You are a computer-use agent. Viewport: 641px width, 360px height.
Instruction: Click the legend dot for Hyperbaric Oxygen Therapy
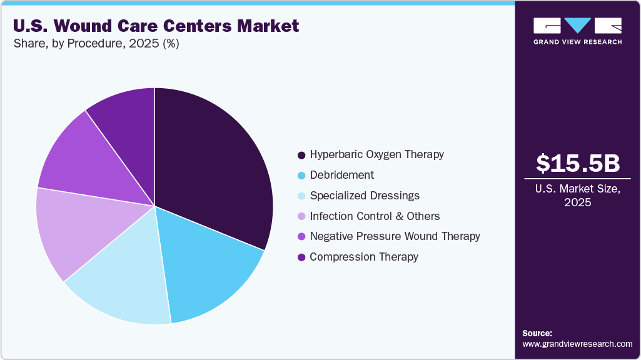point(301,155)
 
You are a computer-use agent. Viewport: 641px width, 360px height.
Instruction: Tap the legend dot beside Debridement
point(301,176)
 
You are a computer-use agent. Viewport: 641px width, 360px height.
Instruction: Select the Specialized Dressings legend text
point(365,196)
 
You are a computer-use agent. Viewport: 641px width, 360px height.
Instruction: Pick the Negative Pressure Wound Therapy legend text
point(395,236)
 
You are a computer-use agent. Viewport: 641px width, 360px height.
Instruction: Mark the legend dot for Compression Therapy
point(301,257)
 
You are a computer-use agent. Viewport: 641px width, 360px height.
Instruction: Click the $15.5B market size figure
point(578,164)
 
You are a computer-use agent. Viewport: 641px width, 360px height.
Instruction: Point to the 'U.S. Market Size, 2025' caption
point(578,196)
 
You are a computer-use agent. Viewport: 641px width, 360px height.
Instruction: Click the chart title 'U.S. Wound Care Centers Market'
point(156,26)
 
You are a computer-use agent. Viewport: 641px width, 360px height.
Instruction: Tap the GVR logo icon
point(577,26)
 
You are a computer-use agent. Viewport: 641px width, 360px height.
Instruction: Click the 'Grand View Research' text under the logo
point(577,42)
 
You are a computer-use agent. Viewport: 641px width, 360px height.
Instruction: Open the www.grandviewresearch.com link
point(577,344)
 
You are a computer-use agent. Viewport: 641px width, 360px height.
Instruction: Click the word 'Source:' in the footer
point(537,333)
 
